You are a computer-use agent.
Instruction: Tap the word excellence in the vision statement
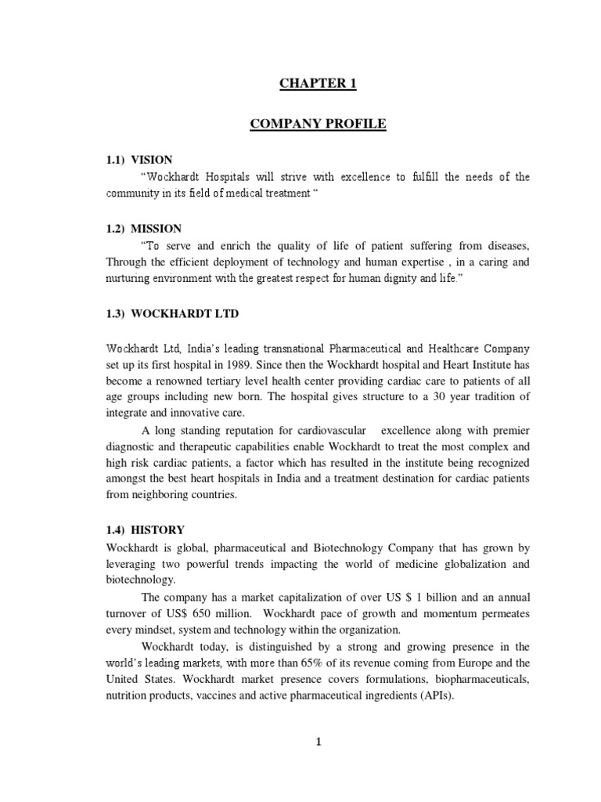[340, 177]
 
